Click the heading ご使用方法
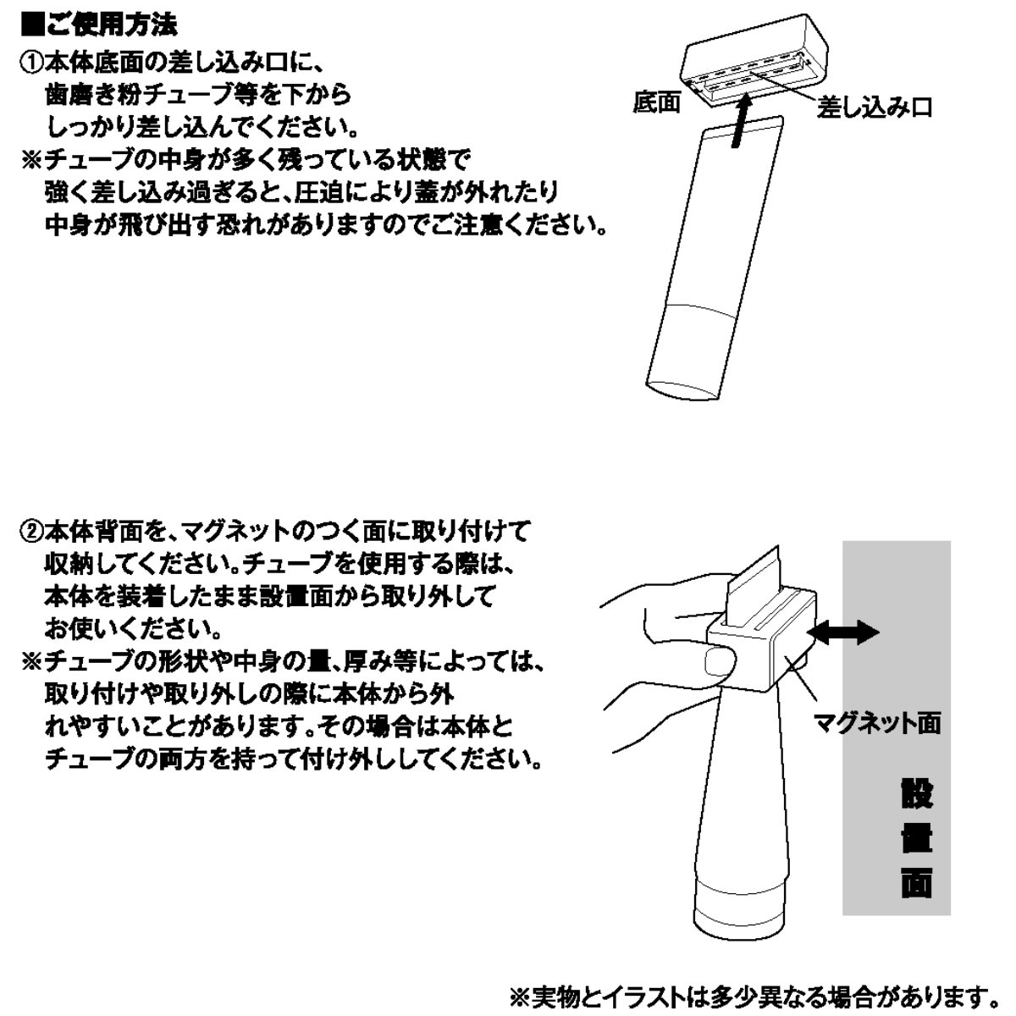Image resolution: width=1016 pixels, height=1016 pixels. (x=112, y=25)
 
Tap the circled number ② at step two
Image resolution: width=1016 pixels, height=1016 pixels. (x=31, y=532)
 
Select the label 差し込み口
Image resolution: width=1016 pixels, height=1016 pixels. (x=874, y=108)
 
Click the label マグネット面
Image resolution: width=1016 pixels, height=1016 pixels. (x=877, y=723)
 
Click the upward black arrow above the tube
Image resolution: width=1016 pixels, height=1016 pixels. (x=741, y=121)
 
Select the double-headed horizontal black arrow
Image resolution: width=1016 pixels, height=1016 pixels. (x=843, y=632)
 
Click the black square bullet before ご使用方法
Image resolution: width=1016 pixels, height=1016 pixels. (x=32, y=25)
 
